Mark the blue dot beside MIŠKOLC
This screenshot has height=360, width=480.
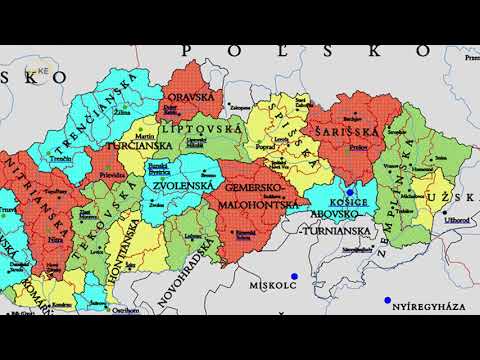(x=294, y=276)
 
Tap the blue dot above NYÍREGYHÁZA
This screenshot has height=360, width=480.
(x=387, y=300)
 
